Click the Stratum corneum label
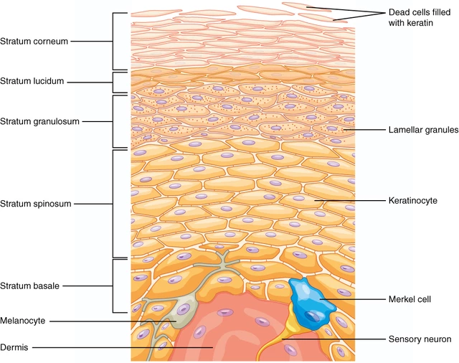click(x=34, y=42)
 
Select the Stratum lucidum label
click(x=32, y=81)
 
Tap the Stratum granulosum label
click(x=40, y=121)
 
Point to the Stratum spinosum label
click(x=36, y=204)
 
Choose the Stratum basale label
click(x=29, y=286)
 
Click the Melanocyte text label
click(x=23, y=321)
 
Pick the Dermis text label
click(x=14, y=347)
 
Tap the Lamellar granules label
click(x=424, y=130)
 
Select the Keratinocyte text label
click(x=413, y=201)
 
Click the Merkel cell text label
click(x=410, y=299)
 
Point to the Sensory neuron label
click(x=420, y=339)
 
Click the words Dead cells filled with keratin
click(x=419, y=17)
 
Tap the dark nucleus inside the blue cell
click(x=313, y=316)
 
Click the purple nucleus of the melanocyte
click(x=184, y=309)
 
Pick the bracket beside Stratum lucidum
click(x=120, y=82)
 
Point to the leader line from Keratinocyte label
click(x=350, y=201)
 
